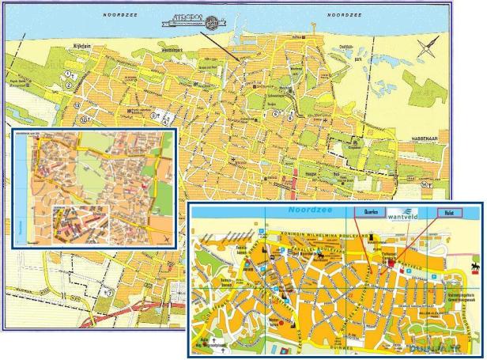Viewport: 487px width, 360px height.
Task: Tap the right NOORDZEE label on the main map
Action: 346,15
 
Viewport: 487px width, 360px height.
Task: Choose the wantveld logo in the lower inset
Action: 404,213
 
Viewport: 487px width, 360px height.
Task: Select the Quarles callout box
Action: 364,213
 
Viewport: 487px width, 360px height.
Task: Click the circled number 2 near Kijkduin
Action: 70,74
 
